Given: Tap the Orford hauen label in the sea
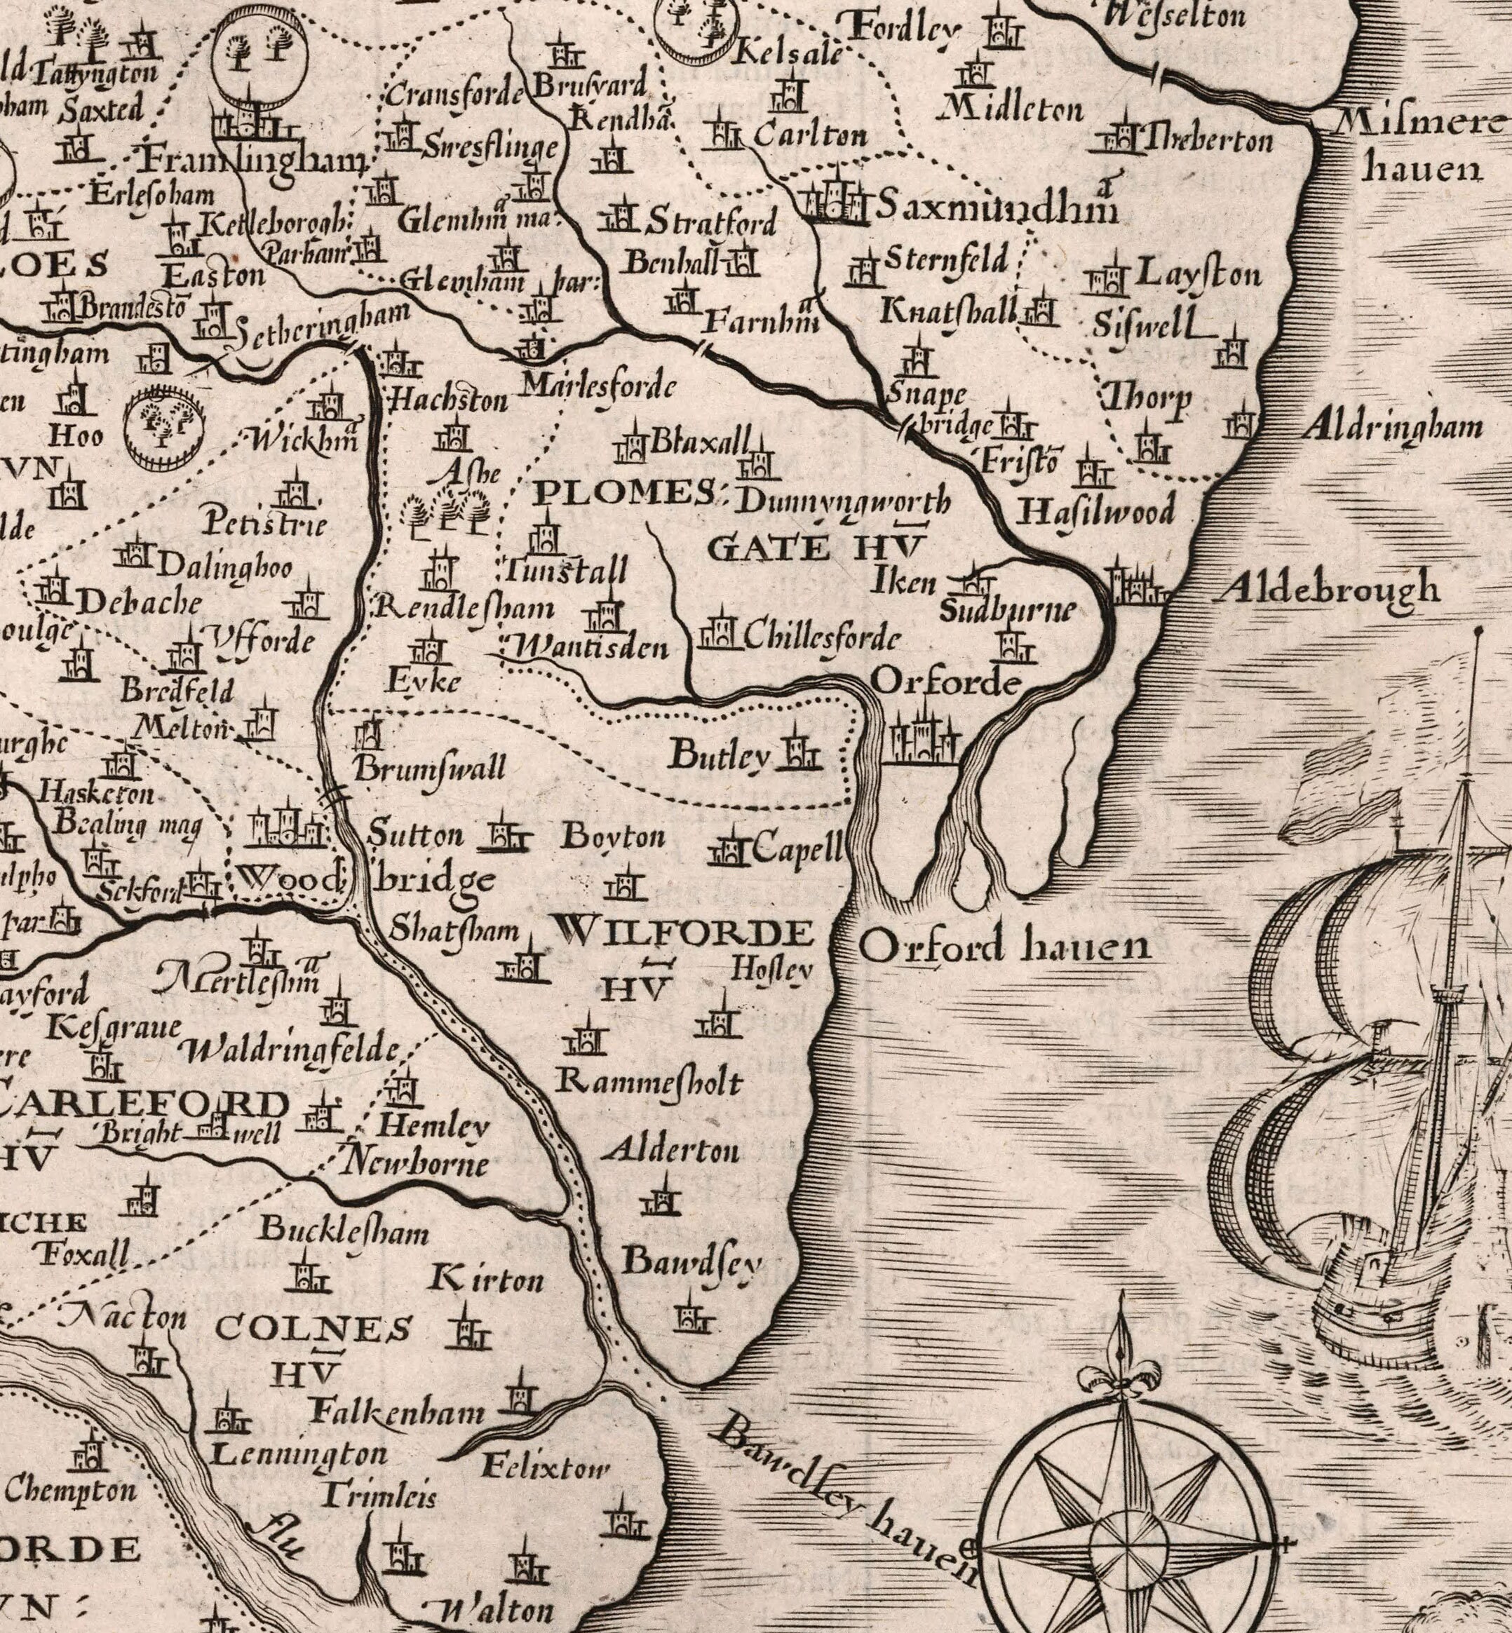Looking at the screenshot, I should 1005,947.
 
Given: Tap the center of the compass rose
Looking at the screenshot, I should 1128,1546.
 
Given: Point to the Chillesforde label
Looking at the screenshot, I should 822,638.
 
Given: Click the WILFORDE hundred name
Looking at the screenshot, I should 684,933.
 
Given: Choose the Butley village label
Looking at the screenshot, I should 720,756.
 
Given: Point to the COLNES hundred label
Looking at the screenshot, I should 314,1329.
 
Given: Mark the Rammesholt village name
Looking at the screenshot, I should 649,1083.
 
